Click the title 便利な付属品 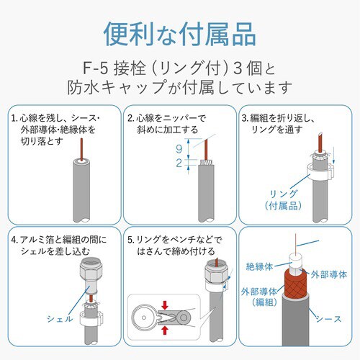179,33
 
